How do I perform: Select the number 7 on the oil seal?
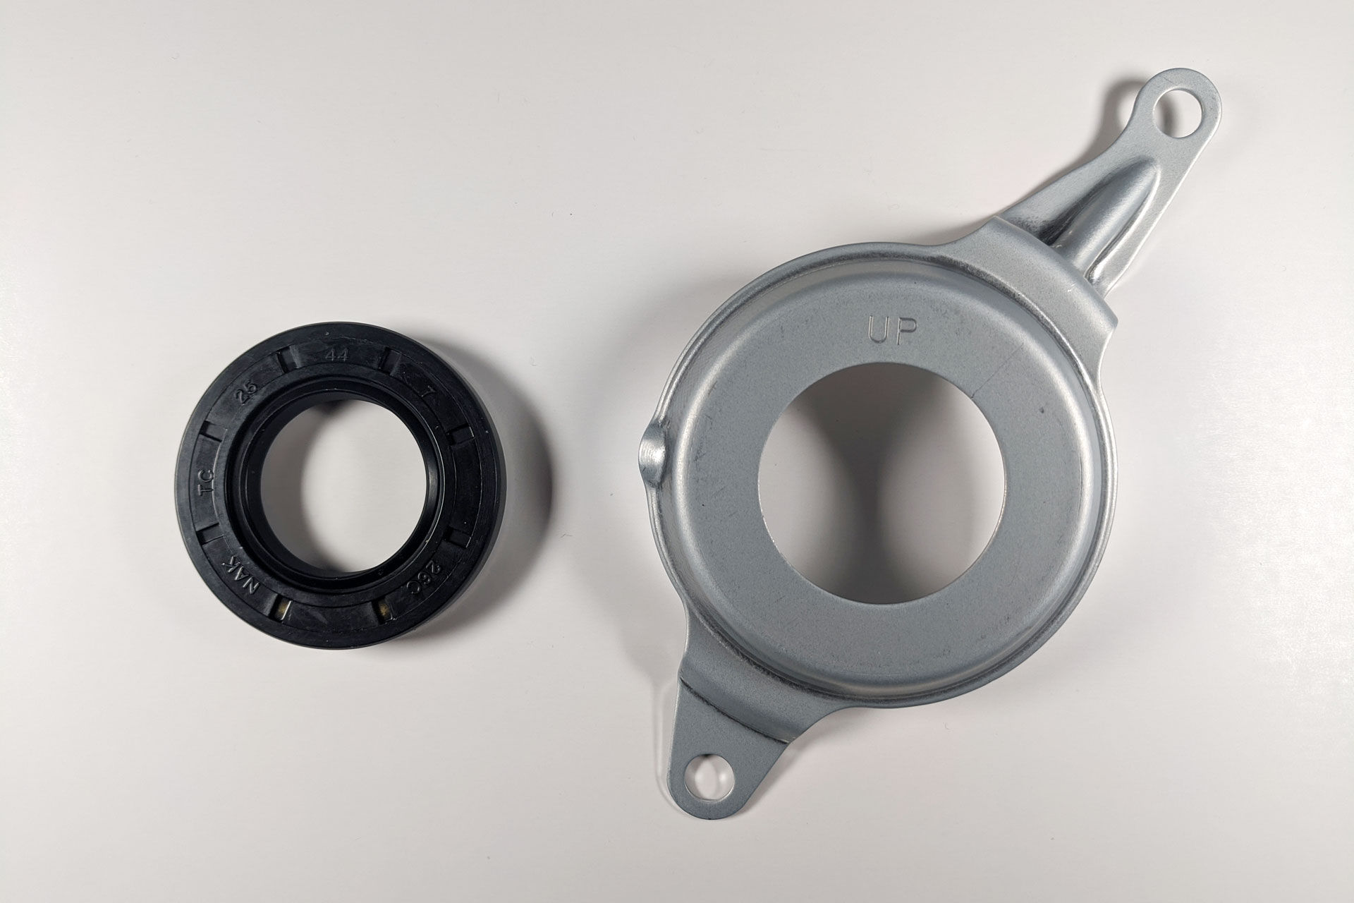pyautogui.click(x=425, y=389)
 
